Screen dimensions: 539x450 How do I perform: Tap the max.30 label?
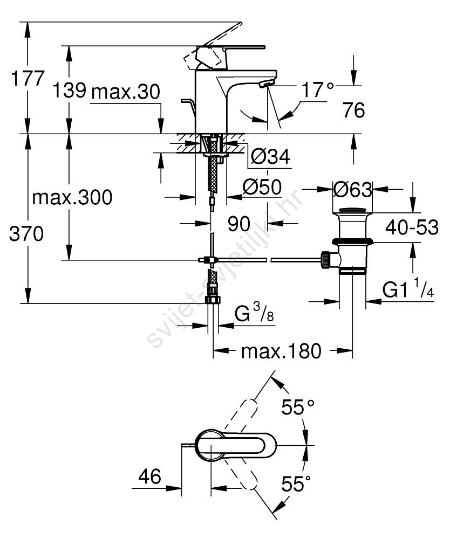coord(125,92)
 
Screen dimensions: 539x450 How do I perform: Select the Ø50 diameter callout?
coord(262,187)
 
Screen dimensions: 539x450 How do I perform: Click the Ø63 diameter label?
coord(352,189)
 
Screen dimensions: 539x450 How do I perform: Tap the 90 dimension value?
coord(239,223)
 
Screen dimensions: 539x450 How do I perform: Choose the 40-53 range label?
coord(411,228)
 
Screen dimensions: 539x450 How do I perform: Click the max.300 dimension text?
coord(72,197)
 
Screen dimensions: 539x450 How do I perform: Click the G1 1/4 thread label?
coord(408,291)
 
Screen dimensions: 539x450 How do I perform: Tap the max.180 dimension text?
coord(281,351)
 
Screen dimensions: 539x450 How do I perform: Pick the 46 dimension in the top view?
coord(150,476)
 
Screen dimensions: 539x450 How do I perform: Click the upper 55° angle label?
coord(297,407)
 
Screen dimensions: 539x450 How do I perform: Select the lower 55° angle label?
coord(296,485)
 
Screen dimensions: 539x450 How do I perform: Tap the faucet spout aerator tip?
coord(266,84)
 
